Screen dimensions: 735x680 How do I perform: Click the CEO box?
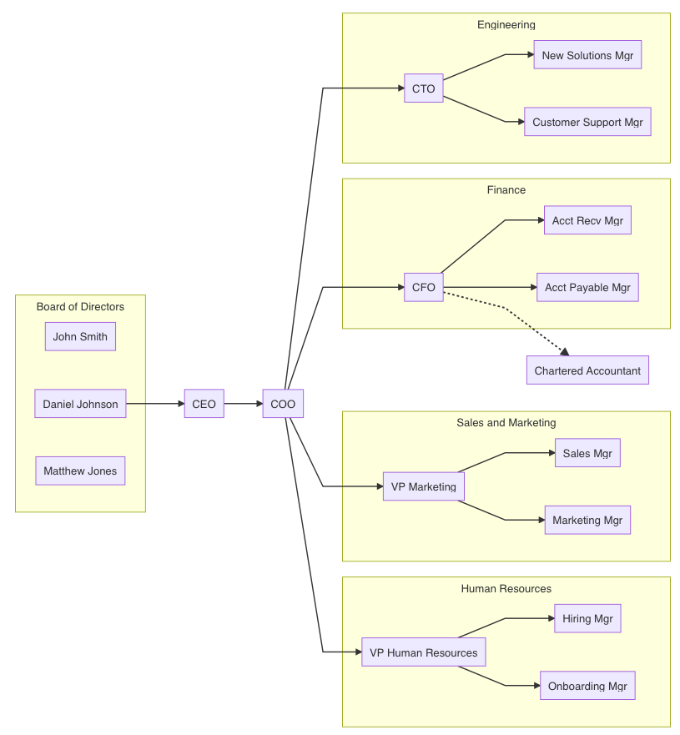click(204, 404)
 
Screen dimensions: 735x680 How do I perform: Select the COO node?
click(283, 404)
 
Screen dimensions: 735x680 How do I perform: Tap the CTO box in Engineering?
click(423, 88)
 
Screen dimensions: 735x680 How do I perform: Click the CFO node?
click(423, 288)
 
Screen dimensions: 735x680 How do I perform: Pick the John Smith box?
click(80, 337)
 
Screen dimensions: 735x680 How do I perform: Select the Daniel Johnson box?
click(80, 404)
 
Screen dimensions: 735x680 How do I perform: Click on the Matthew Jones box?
click(80, 471)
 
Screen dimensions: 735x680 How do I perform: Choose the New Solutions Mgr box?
click(587, 55)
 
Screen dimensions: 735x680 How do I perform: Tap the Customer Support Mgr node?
click(587, 122)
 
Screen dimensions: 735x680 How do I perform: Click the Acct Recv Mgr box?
click(587, 221)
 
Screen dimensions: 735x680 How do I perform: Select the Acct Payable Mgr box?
click(587, 288)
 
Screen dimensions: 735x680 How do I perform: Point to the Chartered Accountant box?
click(587, 370)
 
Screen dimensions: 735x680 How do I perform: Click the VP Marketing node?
click(423, 486)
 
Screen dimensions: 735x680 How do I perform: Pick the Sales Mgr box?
click(587, 453)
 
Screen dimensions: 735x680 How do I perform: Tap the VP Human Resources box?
click(423, 652)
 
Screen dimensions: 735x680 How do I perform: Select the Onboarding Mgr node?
click(587, 686)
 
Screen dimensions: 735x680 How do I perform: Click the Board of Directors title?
click(80, 307)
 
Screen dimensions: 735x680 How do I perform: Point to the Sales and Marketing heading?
click(506, 423)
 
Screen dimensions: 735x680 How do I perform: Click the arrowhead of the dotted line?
click(565, 352)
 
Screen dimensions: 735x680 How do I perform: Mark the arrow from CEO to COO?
click(243, 404)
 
